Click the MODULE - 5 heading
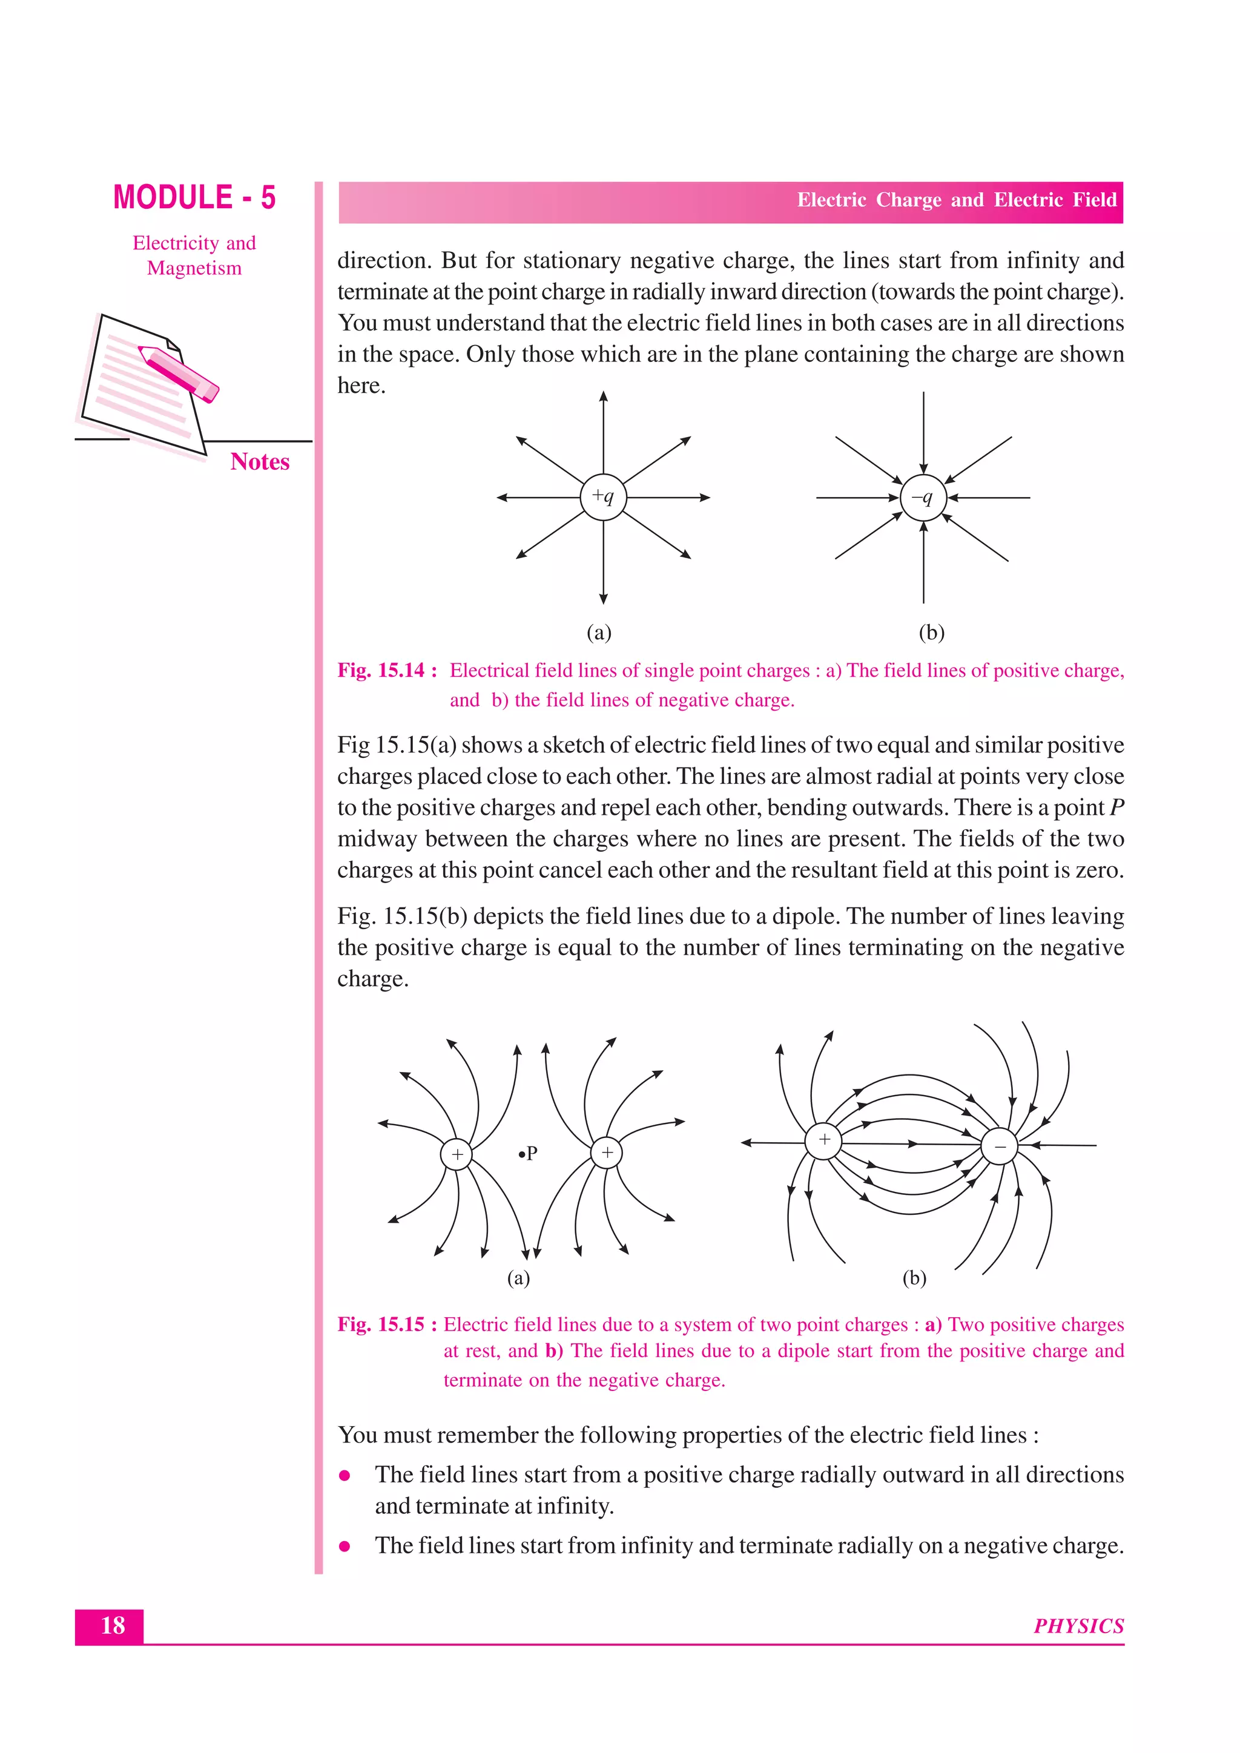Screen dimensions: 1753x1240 [x=194, y=198]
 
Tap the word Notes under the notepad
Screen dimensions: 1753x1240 [x=260, y=462]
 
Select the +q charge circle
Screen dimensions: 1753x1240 [x=603, y=497]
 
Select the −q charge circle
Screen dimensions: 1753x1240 [x=923, y=498]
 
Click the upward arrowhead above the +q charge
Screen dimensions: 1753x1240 [x=603, y=396]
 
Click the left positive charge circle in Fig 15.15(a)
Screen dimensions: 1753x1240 [x=457, y=1154]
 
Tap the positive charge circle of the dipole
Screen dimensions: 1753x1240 [x=824, y=1140]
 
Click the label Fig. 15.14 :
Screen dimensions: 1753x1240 [x=387, y=670]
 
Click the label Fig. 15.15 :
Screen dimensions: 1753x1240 [x=387, y=1324]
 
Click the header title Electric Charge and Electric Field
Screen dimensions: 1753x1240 [x=956, y=200]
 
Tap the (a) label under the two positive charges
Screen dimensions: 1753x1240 [x=518, y=1277]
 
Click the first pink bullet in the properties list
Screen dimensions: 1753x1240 [x=345, y=1475]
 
